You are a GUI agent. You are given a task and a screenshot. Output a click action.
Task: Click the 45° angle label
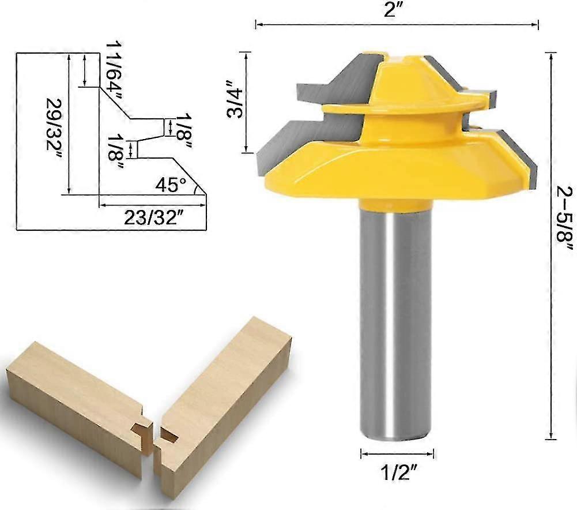pos(172,186)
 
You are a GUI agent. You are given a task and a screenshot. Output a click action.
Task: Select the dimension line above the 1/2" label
pos(397,453)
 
